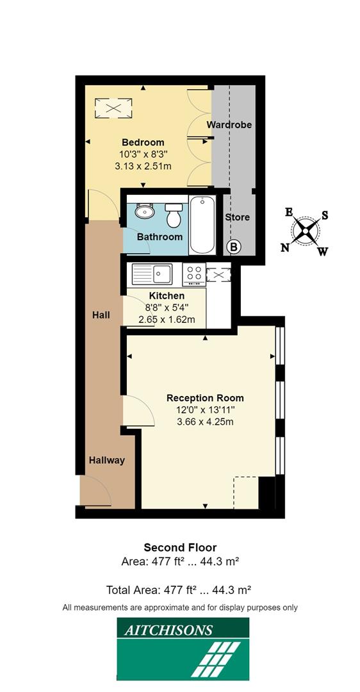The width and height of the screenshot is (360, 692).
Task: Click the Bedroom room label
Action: pos(143,142)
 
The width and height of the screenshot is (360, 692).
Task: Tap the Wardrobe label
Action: pos(229,125)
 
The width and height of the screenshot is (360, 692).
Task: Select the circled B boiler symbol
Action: pos(234,246)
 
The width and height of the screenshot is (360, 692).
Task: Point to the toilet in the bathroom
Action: pos(173,216)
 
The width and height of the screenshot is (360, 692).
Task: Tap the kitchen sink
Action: pos(152,274)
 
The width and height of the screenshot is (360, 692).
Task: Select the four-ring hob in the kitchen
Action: pos(193,274)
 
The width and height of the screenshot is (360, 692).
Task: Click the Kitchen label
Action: pos(167,296)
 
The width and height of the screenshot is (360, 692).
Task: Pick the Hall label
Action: pos(101,315)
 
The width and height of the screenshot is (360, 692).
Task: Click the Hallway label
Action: pos(107,460)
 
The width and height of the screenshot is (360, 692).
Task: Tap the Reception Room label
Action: pos(205,397)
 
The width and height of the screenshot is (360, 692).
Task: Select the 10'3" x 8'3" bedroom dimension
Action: pos(143,154)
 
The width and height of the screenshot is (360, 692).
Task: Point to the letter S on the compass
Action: pos(325,215)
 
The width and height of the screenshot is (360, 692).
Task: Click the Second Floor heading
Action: pos(180,547)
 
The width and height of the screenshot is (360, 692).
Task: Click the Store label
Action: pos(237,217)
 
